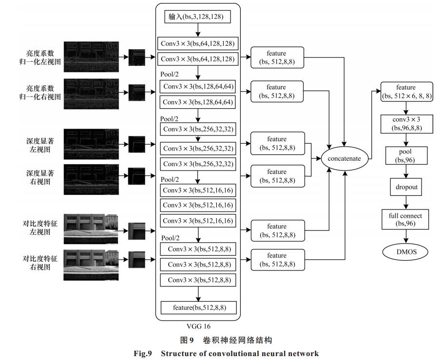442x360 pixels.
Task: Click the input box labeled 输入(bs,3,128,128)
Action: tap(197, 17)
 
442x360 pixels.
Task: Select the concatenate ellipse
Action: tap(344, 158)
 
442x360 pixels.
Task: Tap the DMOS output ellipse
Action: tap(405, 252)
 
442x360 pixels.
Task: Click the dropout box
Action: tap(406, 187)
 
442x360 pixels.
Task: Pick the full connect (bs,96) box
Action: tap(405, 219)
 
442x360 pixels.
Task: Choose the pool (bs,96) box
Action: tap(406, 156)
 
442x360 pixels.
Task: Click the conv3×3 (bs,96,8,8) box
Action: tap(406, 124)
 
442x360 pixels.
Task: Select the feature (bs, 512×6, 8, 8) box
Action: tap(406, 92)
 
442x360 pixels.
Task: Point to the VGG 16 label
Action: tap(198, 326)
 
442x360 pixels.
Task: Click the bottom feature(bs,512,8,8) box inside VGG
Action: tap(198, 307)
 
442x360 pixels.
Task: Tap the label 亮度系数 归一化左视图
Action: tap(40, 57)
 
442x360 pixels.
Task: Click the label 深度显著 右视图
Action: tap(40, 177)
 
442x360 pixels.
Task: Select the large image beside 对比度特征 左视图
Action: tap(91, 229)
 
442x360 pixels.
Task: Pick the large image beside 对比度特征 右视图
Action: tap(91, 265)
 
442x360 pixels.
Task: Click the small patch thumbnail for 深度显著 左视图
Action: tap(137, 144)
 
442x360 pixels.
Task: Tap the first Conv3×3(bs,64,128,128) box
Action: tap(197, 44)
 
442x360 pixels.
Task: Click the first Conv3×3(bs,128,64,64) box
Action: tap(197, 87)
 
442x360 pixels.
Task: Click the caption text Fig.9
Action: tap(143, 354)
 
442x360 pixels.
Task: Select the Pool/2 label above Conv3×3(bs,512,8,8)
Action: tap(170, 238)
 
